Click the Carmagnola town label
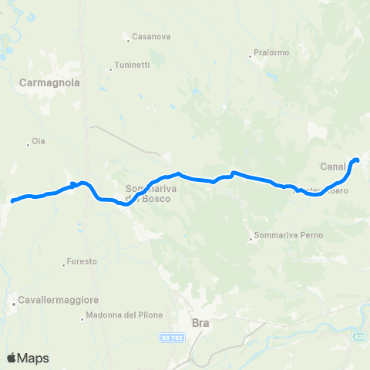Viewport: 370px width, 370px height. point(51,81)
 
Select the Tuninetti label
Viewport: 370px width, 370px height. point(132,65)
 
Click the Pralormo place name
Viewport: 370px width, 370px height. point(270,54)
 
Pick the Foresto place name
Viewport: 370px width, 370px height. point(82,261)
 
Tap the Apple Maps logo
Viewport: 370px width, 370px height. point(28,358)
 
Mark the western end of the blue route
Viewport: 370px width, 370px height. point(13,201)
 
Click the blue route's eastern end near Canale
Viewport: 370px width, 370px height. point(357,160)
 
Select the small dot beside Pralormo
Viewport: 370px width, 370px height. point(252,54)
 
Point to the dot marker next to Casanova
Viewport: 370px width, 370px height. point(129,36)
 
